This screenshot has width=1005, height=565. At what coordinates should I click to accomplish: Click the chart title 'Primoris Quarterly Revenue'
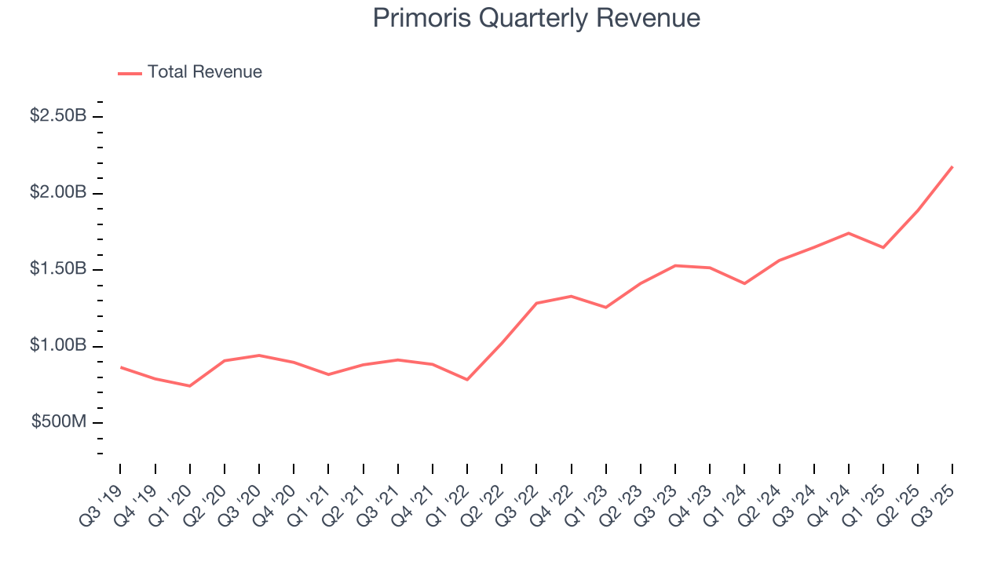(536, 18)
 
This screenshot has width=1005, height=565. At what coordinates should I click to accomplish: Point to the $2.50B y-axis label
(58, 116)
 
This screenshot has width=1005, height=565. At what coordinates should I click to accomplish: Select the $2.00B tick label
(58, 193)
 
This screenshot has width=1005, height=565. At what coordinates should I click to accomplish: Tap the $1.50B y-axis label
(58, 269)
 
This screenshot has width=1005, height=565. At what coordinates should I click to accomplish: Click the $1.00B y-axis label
(58, 346)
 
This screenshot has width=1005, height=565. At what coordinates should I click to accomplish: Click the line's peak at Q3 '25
(952, 166)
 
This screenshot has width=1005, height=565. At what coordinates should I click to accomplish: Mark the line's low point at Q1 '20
(189, 386)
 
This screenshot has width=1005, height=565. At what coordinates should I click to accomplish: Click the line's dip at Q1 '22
(467, 380)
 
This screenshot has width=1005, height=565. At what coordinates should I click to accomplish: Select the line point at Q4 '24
(849, 233)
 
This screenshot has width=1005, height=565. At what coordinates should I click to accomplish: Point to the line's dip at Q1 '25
(883, 248)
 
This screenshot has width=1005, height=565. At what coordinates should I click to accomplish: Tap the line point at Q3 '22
(536, 303)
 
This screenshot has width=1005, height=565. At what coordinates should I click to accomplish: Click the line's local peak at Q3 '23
(675, 265)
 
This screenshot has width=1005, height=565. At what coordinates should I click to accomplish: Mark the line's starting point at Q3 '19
(120, 367)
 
